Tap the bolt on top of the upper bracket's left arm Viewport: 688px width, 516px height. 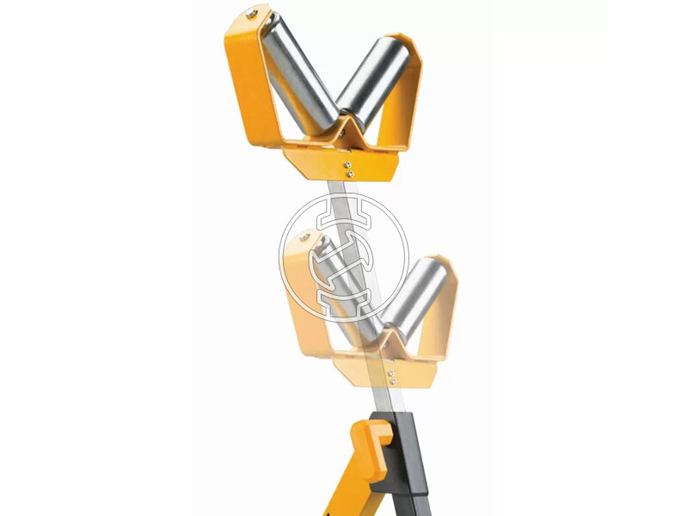pos(250,13)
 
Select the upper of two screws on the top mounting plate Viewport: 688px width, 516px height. pos(347,163)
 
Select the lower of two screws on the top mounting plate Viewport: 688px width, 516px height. pos(348,174)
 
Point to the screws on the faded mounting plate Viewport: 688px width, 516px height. pos(393,377)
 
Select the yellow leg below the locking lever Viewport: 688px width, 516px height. pos(353,490)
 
